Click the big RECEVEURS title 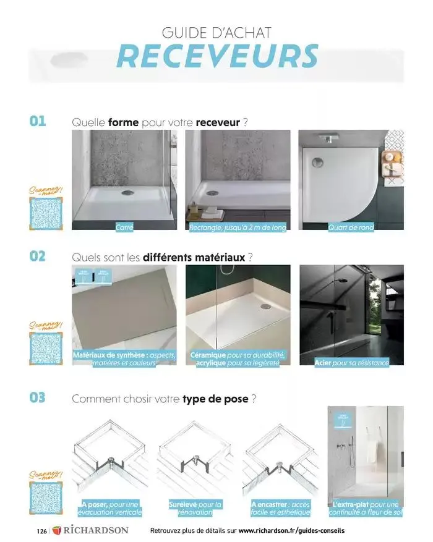point(216,56)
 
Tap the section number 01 point(38,121)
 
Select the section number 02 point(38,255)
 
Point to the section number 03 point(38,397)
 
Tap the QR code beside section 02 point(48,350)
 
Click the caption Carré point(124,227)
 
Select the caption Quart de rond point(351,227)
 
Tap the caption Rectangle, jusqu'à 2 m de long point(238,227)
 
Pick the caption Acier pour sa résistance point(352,362)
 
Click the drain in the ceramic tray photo point(267,305)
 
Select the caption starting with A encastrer point(280,508)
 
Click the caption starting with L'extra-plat point(366,508)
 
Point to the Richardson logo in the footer point(90,530)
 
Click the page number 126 point(41,531)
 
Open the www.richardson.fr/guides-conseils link point(291,531)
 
